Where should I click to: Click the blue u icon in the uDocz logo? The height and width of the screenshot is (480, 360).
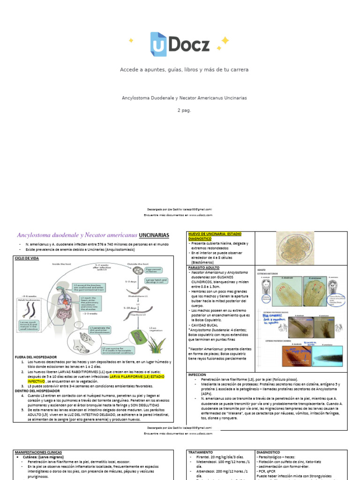158,44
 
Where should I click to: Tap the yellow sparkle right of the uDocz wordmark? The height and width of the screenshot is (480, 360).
224,42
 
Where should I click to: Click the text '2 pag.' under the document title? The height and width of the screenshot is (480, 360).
184,110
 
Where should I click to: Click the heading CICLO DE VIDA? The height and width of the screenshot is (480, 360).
27,258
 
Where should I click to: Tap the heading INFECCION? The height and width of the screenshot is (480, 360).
197,375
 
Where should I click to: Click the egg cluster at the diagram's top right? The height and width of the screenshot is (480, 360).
138,270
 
